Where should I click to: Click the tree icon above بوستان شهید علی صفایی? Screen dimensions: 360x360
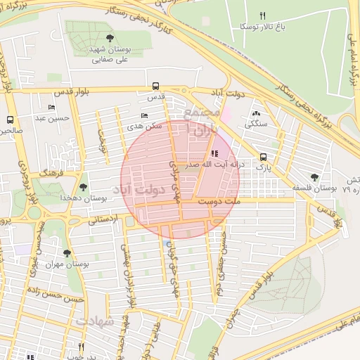click(109, 38)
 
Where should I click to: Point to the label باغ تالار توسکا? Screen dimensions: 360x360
click(253, 26)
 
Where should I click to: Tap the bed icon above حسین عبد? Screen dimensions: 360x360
click(52, 107)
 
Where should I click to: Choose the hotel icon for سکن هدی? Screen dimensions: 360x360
click(145, 115)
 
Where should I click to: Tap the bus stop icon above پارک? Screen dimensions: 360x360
click(263, 157)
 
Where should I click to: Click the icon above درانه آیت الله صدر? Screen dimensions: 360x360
click(214, 153)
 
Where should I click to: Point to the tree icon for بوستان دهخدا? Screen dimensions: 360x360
click(84, 187)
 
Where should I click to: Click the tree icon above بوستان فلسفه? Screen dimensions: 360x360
click(315, 177)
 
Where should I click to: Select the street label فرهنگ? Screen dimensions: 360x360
click(53, 172)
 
